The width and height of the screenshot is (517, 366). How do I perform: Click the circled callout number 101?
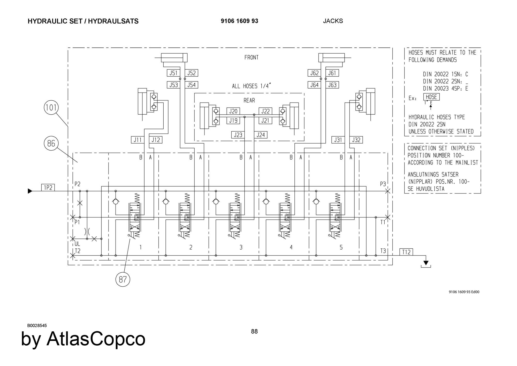pos(51,107)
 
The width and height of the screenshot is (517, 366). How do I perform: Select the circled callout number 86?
pos(51,143)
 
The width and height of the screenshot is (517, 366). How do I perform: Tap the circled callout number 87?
pos(123,279)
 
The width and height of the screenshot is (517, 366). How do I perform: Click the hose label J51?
pos(173,73)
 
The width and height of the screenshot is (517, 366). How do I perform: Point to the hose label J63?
pos(332,85)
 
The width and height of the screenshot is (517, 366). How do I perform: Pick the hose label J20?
pos(233,111)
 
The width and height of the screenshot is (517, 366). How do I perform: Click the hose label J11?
pos(137,140)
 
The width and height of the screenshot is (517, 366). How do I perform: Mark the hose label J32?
pos(356,140)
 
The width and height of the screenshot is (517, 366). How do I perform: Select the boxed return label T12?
pos(406,252)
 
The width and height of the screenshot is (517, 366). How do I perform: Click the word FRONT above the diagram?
pos(251,57)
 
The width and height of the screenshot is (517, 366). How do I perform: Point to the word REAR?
pos(249,100)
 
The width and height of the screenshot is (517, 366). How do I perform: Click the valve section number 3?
pos(241,248)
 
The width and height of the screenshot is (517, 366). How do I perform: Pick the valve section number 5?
pos(341,248)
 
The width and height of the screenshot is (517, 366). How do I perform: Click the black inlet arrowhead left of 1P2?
pos(30,191)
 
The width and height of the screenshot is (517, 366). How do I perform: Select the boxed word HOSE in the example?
pos(431,97)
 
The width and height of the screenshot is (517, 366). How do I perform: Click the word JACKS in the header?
pos(333,21)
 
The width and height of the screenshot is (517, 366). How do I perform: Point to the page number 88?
pos(254,331)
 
